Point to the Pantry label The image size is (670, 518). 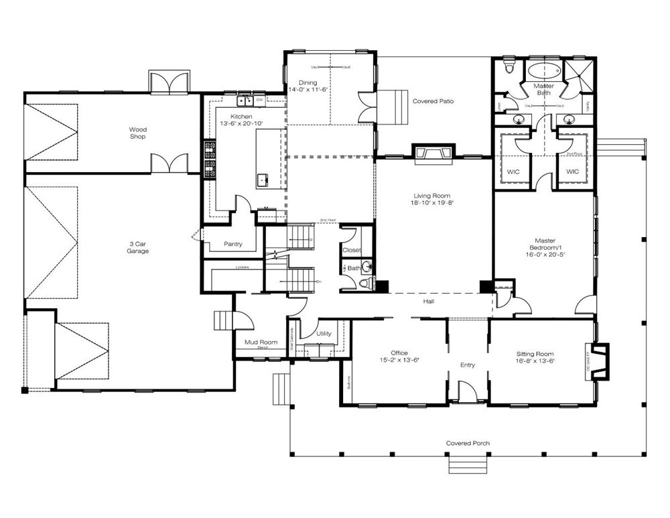(x=232, y=244)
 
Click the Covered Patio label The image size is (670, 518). (x=433, y=101)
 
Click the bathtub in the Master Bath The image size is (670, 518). (x=543, y=71)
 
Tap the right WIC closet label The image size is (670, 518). (x=572, y=172)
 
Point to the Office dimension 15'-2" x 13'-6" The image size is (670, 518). (x=399, y=361)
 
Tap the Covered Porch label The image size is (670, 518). (x=467, y=444)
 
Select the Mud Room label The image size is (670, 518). (x=261, y=342)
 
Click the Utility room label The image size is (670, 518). (x=325, y=333)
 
